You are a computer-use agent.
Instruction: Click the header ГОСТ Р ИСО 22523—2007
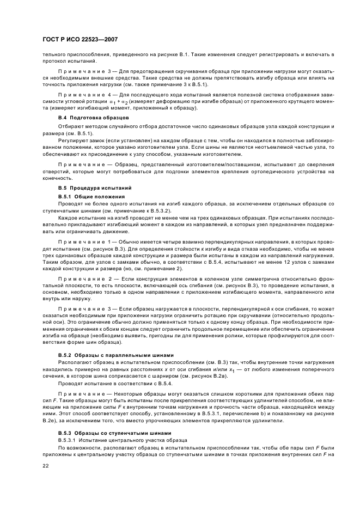pyautogui.click(x=80, y=40)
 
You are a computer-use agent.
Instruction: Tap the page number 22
pyautogui.click(x=46, y=465)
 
